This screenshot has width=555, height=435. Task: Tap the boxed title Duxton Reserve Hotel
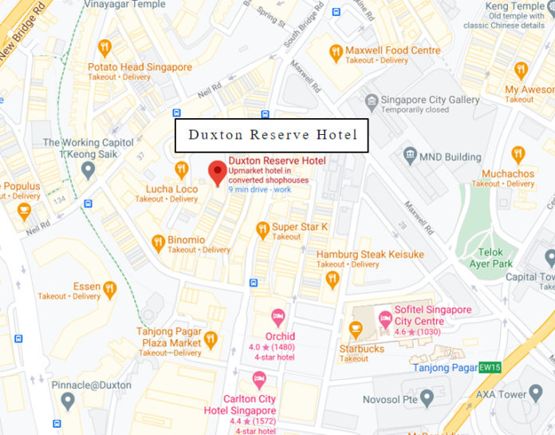[272, 135]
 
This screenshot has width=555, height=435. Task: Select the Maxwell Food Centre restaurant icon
[336, 53]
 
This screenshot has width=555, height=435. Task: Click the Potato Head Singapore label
[140, 68]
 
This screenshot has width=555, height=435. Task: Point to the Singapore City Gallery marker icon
[371, 101]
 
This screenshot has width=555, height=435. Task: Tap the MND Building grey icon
[410, 153]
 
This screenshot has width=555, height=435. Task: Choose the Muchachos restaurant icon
[518, 154]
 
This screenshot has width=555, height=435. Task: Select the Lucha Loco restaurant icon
[182, 169]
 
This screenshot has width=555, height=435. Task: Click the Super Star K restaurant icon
[262, 230]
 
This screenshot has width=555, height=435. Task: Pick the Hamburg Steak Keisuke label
[370, 255]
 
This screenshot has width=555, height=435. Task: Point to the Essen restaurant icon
[109, 289]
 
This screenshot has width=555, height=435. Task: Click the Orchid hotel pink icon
[278, 318]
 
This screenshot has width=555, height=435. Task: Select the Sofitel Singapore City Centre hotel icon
[385, 318]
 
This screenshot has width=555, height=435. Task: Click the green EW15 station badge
[489, 367]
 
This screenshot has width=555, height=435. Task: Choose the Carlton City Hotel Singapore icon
[259, 380]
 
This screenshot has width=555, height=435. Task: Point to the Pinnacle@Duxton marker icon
[68, 400]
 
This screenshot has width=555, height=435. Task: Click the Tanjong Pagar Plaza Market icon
[211, 338]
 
